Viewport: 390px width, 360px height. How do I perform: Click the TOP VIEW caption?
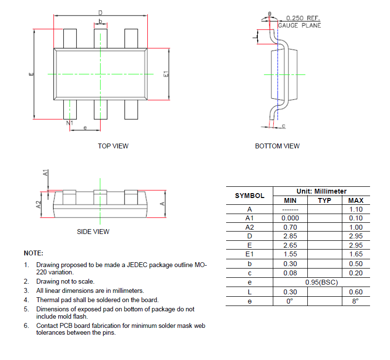pyautogui.click(x=113, y=146)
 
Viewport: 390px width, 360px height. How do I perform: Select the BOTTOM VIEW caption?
pyautogui.click(x=277, y=146)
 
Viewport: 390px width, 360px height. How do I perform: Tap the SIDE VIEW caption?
pyautogui.click(x=93, y=232)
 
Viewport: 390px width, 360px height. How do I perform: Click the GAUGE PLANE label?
pyautogui.click(x=300, y=25)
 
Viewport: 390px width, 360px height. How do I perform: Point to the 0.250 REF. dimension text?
pyautogui.click(x=302, y=18)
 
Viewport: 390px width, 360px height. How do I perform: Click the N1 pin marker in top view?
pyautogui.click(x=70, y=124)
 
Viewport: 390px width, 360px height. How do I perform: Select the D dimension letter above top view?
pyautogui.click(x=100, y=12)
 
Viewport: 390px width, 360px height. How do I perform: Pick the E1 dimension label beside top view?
pyautogui.click(x=166, y=74)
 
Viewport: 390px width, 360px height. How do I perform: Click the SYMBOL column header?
pyautogui.click(x=249, y=196)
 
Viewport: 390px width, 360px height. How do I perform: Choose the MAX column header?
pyautogui.click(x=355, y=200)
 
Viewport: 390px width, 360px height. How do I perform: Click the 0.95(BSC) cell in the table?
pyautogui.click(x=321, y=282)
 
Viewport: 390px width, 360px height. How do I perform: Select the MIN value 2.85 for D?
pyautogui.click(x=290, y=236)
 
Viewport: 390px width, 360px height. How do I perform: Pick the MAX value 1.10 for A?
pyautogui.click(x=355, y=209)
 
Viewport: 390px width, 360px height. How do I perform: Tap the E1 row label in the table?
pyautogui.click(x=249, y=254)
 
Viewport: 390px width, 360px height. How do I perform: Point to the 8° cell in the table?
pyautogui.click(x=355, y=301)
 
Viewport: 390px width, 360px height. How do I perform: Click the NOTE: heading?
pyautogui.click(x=34, y=253)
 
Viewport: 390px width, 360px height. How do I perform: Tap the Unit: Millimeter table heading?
pyautogui.click(x=321, y=192)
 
